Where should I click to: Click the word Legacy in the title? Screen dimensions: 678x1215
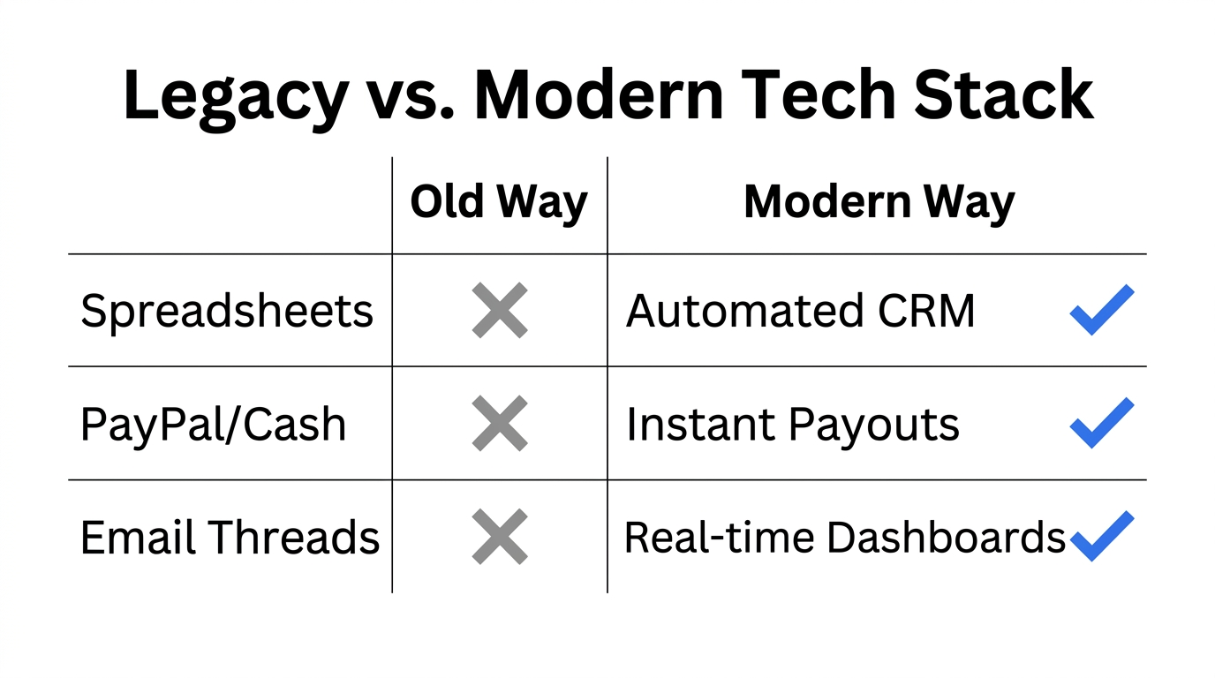(x=235, y=95)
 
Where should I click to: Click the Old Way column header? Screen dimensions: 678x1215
(x=499, y=203)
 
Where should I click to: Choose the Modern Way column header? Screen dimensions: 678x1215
(x=879, y=203)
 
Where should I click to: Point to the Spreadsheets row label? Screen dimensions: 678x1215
(x=227, y=312)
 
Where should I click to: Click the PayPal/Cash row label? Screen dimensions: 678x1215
(x=213, y=425)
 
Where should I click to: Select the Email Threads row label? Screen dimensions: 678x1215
(x=230, y=538)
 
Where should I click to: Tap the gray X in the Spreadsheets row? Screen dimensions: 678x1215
(x=500, y=311)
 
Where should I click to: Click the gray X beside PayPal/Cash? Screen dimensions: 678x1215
(x=500, y=424)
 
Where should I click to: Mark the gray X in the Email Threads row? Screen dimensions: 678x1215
(x=500, y=537)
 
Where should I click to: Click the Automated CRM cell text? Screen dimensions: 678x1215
(x=800, y=311)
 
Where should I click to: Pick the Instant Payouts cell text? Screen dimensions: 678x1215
(x=792, y=425)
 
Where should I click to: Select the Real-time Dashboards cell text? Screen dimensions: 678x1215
(x=845, y=538)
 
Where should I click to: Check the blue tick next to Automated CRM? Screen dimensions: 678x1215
(x=1101, y=310)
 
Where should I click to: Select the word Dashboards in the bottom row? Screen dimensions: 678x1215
(x=946, y=538)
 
